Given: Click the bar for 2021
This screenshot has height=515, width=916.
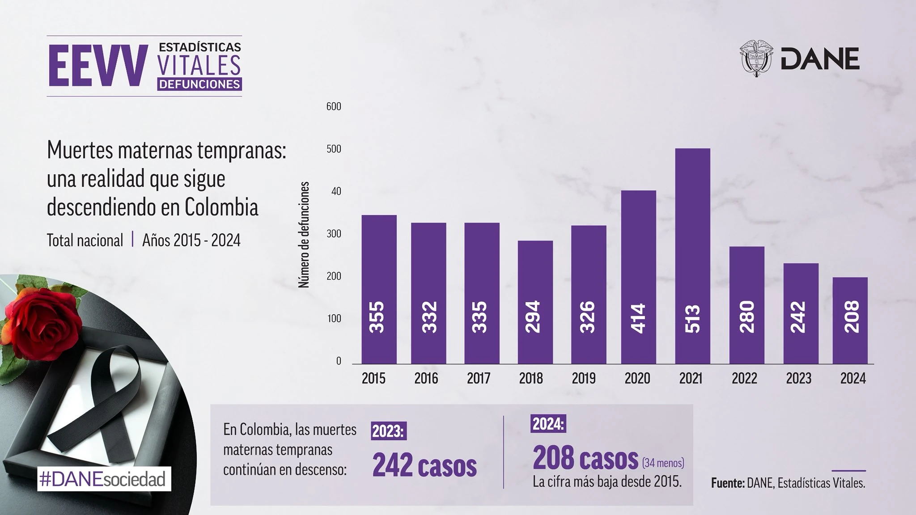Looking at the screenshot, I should (692, 256).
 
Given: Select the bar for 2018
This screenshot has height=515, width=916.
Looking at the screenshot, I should (535, 302).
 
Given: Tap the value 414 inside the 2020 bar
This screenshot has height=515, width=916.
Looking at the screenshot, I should (639, 318).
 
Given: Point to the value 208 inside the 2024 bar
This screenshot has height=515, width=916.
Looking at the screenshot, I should (850, 317).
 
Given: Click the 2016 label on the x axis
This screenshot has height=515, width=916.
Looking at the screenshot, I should (426, 379).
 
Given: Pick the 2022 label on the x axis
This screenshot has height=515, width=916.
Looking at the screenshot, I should (744, 379).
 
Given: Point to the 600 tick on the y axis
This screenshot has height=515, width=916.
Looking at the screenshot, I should (334, 106).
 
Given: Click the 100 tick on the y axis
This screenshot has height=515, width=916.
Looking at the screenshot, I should (334, 319).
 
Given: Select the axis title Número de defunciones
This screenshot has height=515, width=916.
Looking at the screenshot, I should (304, 235).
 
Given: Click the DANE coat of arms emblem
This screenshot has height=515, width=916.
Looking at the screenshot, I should (757, 59).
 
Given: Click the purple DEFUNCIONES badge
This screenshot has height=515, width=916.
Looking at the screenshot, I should (199, 84).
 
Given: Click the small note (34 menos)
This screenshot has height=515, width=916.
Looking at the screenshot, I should (663, 463).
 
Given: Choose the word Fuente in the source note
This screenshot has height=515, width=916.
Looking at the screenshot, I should (727, 483).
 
